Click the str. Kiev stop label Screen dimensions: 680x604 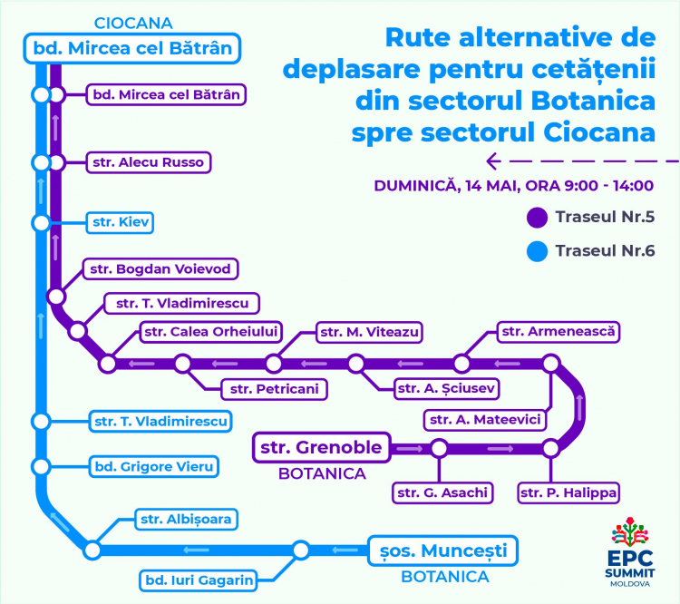(x=120, y=222)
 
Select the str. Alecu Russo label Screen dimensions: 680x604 (x=149, y=162)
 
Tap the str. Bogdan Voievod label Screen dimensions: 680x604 (x=160, y=269)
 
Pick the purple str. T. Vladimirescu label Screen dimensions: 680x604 (x=182, y=303)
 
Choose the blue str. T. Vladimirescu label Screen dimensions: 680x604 (x=160, y=422)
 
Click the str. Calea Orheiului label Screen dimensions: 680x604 (x=210, y=332)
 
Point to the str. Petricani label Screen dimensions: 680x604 (x=274, y=389)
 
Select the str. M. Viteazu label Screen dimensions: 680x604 (x=369, y=332)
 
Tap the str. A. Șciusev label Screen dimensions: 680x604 (x=446, y=388)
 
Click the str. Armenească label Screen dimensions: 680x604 (x=559, y=332)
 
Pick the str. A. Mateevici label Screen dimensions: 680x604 (x=485, y=420)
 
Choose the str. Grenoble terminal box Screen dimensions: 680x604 (x=321, y=447)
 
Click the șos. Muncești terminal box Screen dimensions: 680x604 (x=442, y=551)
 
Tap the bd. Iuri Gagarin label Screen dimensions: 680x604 (x=199, y=580)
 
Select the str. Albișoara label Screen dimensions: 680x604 (x=186, y=520)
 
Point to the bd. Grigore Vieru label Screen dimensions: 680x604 (x=154, y=467)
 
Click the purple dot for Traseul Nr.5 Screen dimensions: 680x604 (x=537, y=218)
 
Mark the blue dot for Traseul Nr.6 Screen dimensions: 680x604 (x=537, y=251)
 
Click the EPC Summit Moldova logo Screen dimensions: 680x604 (x=630, y=552)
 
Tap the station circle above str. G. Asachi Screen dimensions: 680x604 (x=439, y=448)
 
